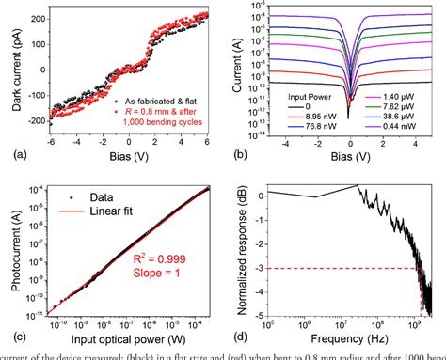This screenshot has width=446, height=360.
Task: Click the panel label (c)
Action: (10, 336)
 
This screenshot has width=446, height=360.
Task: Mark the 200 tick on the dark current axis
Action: (38, 18)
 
